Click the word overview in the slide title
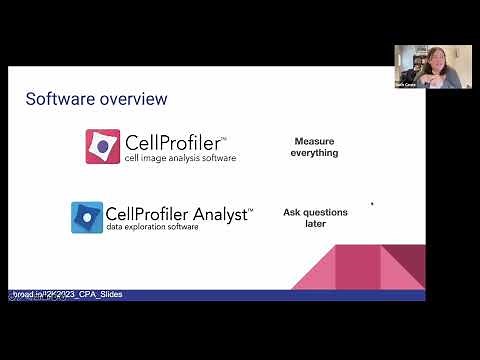pyautogui.click(x=132, y=99)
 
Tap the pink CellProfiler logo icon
pyautogui.click(x=102, y=147)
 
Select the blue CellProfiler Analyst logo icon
pyautogui.click(x=87, y=217)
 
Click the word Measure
pyautogui.click(x=315, y=141)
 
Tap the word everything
pyautogui.click(x=315, y=153)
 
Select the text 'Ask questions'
pyautogui.click(x=315, y=211)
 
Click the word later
pyautogui.click(x=315, y=223)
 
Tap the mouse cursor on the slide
pyautogui.click(x=372, y=204)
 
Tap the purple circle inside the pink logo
pyautogui.click(x=103, y=146)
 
